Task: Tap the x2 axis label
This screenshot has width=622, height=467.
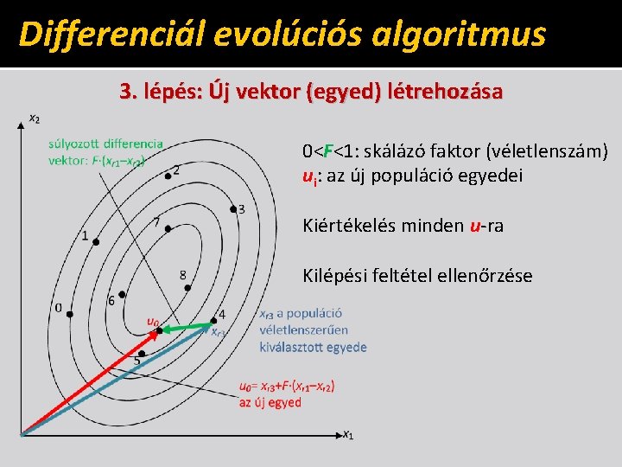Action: tap(34, 118)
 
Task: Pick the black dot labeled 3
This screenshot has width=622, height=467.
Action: tap(232, 209)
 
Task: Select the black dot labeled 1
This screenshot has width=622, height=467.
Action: tap(96, 242)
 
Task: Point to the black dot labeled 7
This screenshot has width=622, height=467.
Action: tap(168, 228)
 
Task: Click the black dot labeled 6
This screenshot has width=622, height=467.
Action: tap(123, 295)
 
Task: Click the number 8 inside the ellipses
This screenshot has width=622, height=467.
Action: tap(182, 275)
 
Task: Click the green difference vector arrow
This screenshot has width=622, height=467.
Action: tap(186, 328)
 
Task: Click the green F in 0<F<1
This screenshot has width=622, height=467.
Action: tap(328, 152)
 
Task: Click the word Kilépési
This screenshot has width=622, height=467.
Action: tap(332, 276)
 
